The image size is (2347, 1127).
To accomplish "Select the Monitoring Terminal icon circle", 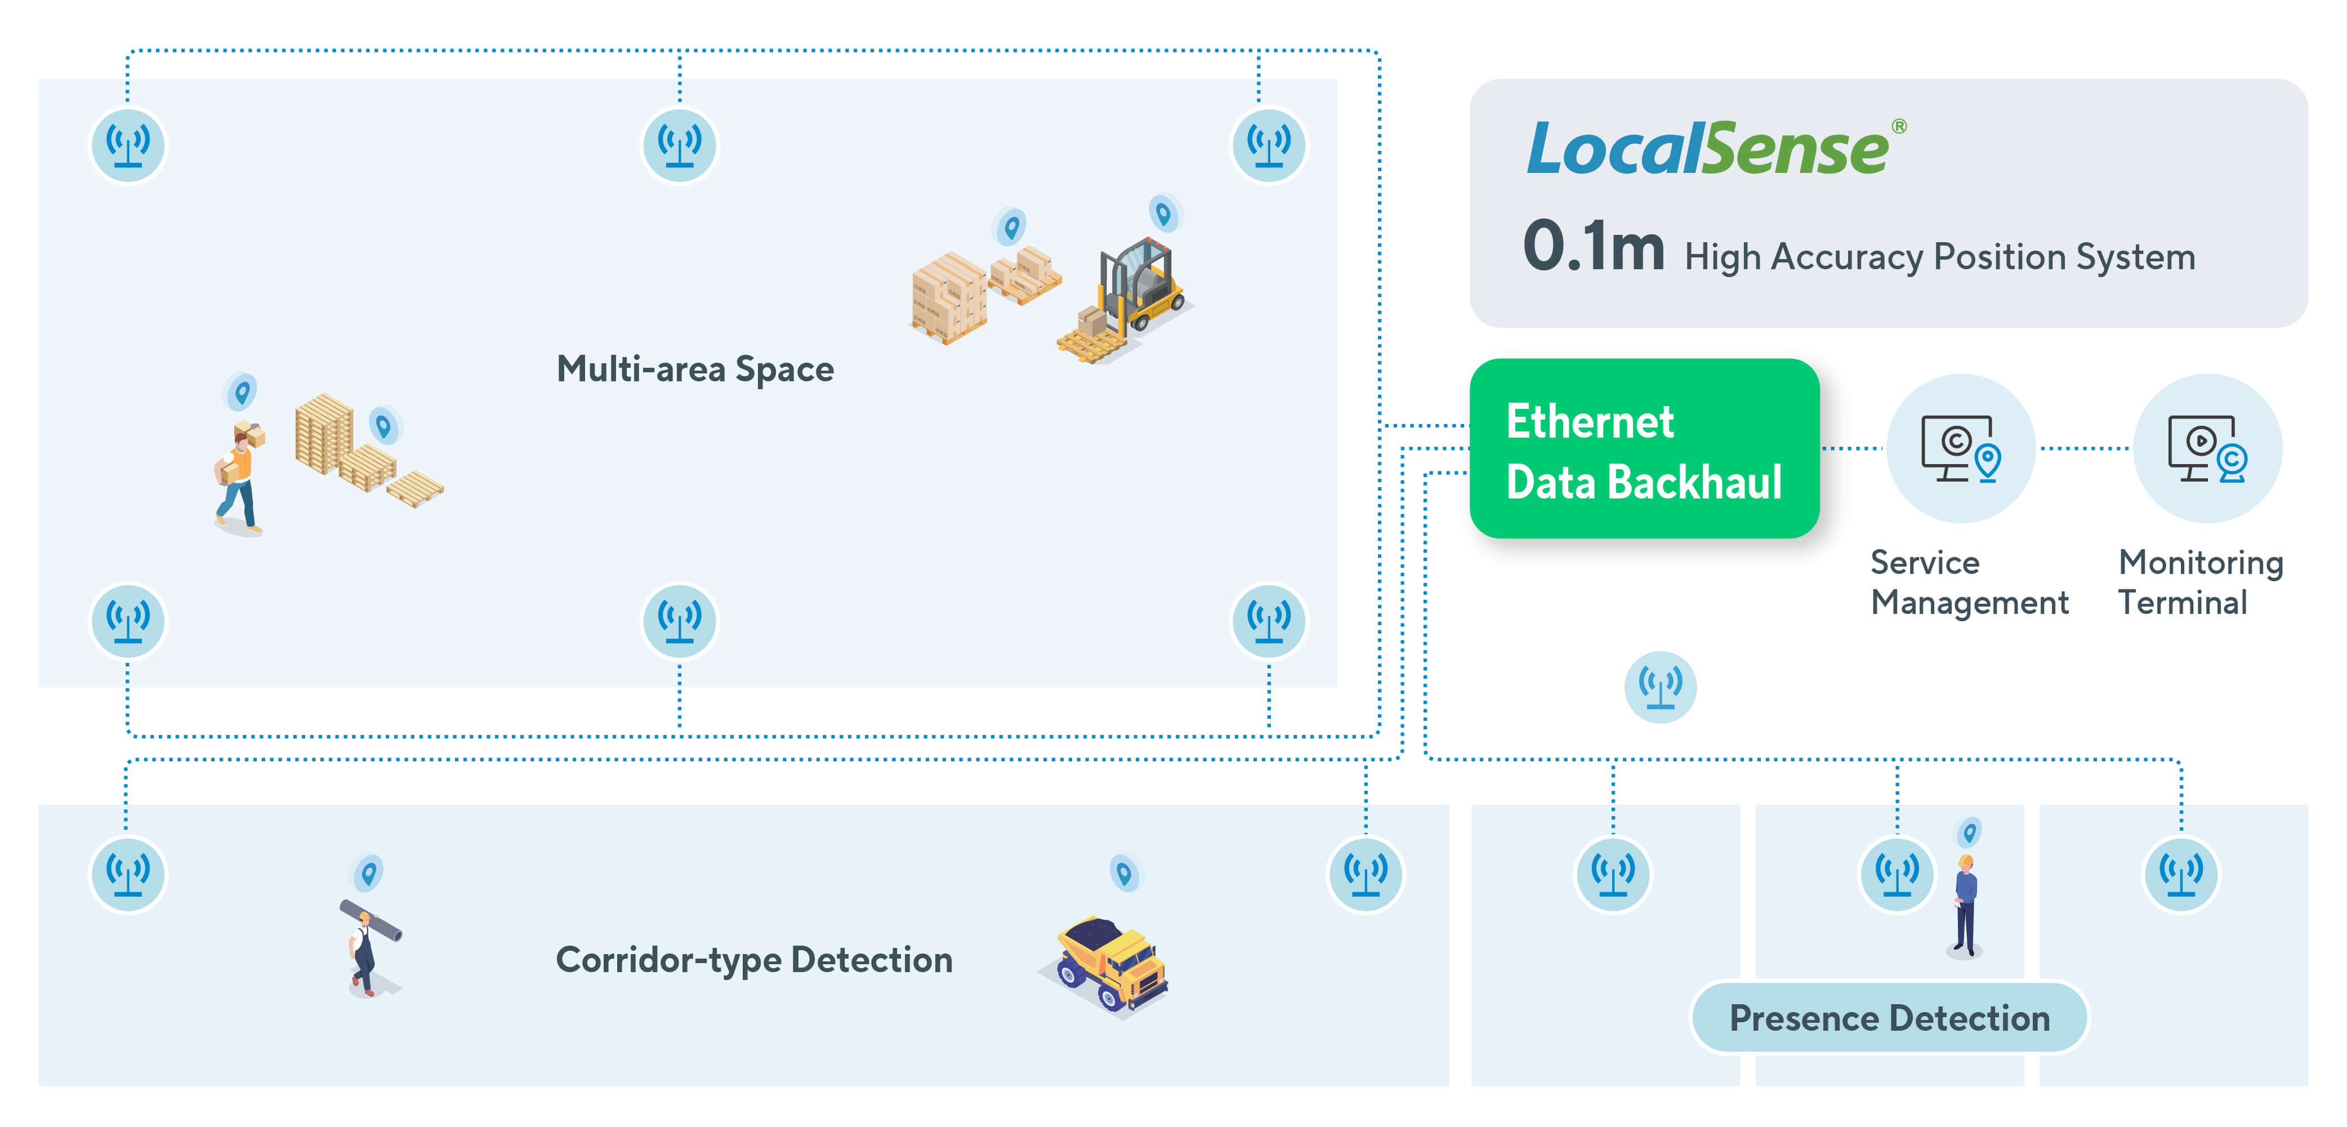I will pyautogui.click(x=2207, y=448).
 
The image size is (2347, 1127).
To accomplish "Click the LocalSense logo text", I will pyautogui.click(x=1709, y=149).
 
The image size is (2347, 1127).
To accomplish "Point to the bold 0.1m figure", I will pyautogui.click(x=1592, y=246).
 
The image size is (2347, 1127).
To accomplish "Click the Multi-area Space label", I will pyautogui.click(x=695, y=369).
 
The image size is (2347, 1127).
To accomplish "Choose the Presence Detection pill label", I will pyautogui.click(x=1889, y=1018).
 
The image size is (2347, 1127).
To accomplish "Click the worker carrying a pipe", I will pyautogui.click(x=368, y=947).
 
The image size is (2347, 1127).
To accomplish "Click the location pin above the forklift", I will pyautogui.click(x=1163, y=214).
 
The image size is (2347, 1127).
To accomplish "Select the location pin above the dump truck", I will pyautogui.click(x=1125, y=874).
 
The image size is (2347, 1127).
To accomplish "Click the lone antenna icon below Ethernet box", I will pyautogui.click(x=1660, y=686).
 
